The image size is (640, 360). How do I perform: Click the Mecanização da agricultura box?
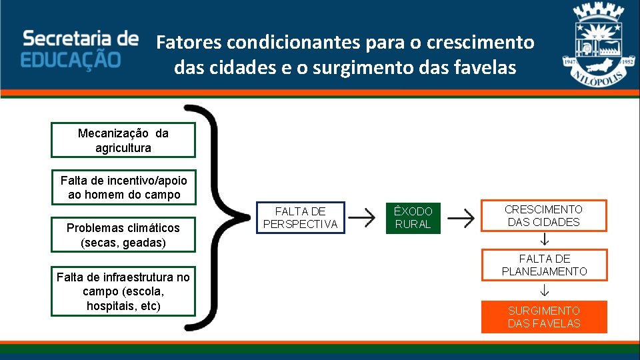click(123, 140)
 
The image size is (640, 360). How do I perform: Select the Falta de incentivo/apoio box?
click(124, 187)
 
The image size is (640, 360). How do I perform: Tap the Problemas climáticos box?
click(123, 235)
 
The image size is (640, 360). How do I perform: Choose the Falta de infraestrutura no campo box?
click(123, 291)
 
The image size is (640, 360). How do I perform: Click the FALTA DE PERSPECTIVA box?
click(300, 218)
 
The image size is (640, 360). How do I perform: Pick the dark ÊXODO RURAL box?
click(413, 218)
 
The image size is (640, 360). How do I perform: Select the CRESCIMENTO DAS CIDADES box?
click(543, 215)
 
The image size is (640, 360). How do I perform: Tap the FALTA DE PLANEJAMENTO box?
click(544, 265)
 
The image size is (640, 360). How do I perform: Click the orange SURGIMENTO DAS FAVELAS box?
click(544, 317)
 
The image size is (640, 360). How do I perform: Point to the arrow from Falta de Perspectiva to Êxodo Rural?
click(361, 217)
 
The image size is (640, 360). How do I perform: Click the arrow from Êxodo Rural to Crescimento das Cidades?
click(460, 217)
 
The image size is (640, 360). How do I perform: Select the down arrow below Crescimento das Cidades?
click(544, 239)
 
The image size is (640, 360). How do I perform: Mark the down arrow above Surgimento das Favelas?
click(544, 290)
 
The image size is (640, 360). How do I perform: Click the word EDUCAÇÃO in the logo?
click(71, 59)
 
